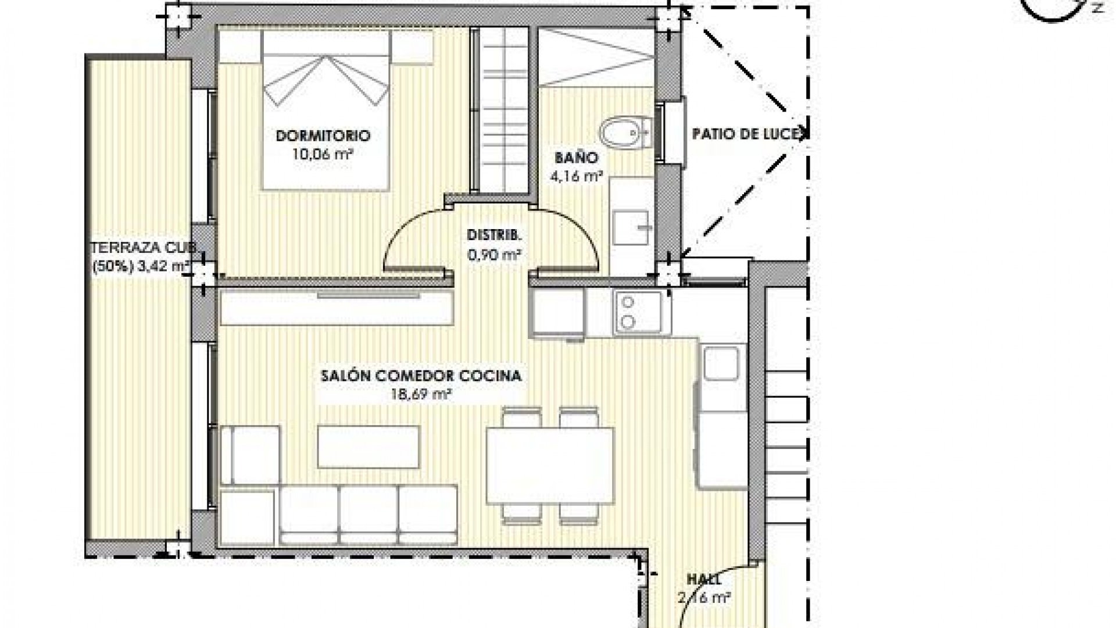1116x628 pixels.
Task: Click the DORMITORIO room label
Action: pyautogui.click(x=323, y=136)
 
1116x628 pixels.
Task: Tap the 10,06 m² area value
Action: pyautogui.click(x=324, y=154)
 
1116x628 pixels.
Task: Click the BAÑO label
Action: pyautogui.click(x=575, y=158)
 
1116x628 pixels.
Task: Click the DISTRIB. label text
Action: pyautogui.click(x=494, y=235)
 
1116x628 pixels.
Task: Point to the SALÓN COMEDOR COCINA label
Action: pyautogui.click(x=421, y=376)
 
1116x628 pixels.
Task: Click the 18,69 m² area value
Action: pyautogui.click(x=422, y=395)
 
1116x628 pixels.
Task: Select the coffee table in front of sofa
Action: pyautogui.click(x=369, y=447)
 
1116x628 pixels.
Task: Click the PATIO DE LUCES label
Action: pyautogui.click(x=749, y=134)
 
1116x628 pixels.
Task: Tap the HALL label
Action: pyautogui.click(x=704, y=580)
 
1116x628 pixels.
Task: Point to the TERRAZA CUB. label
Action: pyautogui.click(x=141, y=248)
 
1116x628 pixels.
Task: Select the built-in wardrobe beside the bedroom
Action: pyautogui.click(x=501, y=110)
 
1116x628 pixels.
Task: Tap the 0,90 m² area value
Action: pyautogui.click(x=494, y=254)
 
